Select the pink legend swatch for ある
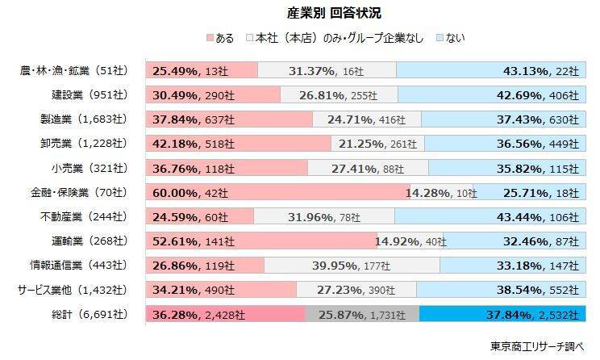210,38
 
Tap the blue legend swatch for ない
440,38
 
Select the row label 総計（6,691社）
86,313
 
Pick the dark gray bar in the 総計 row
362,313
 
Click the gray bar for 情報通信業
352,265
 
